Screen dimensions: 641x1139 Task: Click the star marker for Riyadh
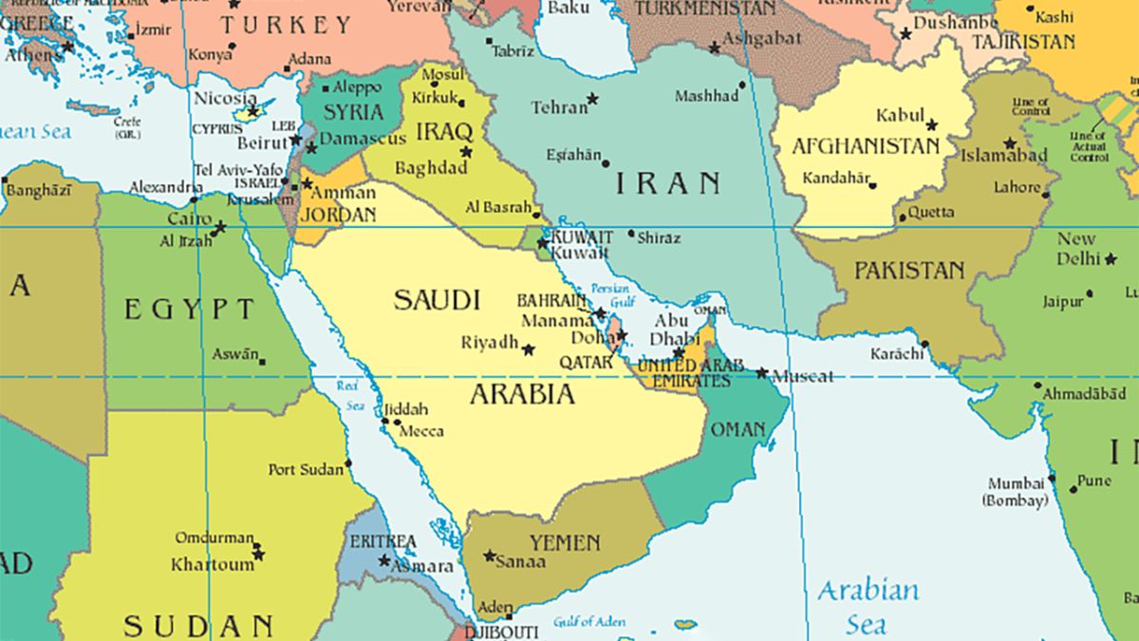click(x=529, y=349)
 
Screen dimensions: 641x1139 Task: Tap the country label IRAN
click(x=667, y=182)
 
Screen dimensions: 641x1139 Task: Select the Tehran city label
click(x=559, y=107)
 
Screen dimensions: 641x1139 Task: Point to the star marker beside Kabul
click(x=931, y=124)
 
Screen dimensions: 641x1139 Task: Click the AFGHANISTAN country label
click(x=865, y=146)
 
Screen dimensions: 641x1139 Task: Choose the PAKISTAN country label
click(x=909, y=271)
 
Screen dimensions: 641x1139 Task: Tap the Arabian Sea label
click(x=868, y=606)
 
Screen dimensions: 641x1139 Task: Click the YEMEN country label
click(x=565, y=543)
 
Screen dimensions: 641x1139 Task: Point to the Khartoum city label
click(x=213, y=564)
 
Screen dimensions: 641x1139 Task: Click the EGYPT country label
click(x=191, y=309)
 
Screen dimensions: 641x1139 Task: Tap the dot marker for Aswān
click(x=262, y=362)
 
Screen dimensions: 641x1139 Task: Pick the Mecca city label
click(x=420, y=430)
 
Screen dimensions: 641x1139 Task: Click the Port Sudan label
click(x=306, y=469)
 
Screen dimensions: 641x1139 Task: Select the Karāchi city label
click(x=896, y=354)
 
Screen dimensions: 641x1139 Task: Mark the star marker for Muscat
click(x=761, y=372)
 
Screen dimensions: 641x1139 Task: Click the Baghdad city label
click(x=431, y=168)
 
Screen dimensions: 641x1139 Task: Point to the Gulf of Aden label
click(x=590, y=621)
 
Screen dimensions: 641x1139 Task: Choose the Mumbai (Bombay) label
click(x=1016, y=491)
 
